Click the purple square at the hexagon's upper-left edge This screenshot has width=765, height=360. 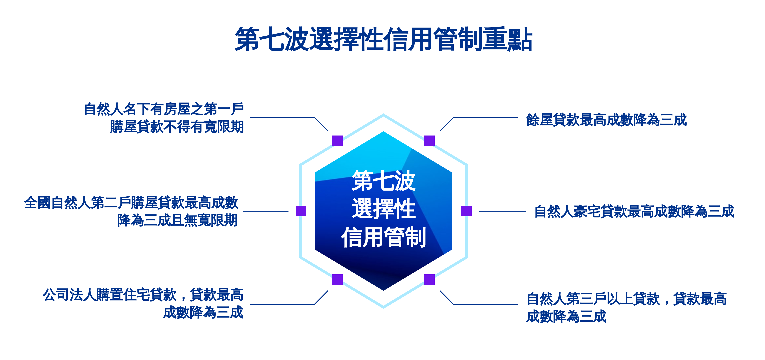(x=337, y=141)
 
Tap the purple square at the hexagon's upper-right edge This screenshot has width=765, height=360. (x=429, y=141)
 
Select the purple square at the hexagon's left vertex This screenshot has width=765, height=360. (x=301, y=211)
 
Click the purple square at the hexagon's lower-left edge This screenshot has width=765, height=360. (x=337, y=280)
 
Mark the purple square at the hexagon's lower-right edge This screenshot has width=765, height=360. (x=429, y=280)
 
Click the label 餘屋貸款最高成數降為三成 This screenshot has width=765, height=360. (x=606, y=120)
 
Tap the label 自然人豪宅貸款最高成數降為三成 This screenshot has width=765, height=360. (x=634, y=211)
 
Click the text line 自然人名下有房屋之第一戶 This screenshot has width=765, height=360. (x=164, y=109)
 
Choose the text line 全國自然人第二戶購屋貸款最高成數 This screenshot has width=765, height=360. (x=131, y=203)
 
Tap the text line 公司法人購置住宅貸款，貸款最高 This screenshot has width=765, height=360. (x=143, y=295)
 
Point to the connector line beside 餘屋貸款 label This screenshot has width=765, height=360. (x=479, y=117)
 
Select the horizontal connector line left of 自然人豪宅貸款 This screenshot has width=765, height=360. (x=503, y=211)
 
